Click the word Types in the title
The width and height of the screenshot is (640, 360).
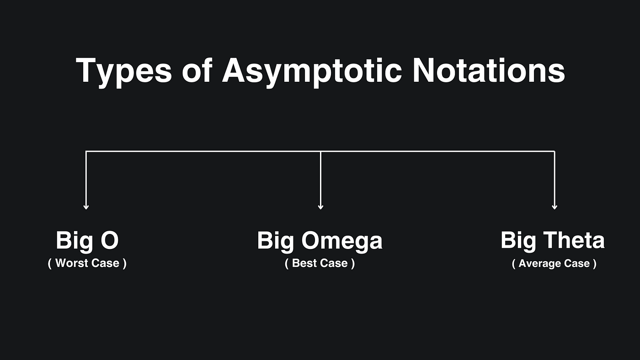124,72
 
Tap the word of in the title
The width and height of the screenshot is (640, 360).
197,70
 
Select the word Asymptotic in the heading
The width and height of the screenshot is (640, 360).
312,72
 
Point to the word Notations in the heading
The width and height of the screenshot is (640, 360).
489,70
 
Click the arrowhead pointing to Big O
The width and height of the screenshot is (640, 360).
86,207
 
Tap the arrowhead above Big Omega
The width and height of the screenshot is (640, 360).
320,207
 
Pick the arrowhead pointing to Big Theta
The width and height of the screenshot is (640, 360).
555,207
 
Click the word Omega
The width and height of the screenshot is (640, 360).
342,242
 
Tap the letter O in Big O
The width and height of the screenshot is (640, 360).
109,240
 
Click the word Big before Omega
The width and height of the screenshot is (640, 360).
276,242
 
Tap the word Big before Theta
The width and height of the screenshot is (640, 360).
518,242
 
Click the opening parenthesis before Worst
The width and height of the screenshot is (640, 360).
50,264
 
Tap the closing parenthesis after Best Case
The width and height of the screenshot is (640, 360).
353,264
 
